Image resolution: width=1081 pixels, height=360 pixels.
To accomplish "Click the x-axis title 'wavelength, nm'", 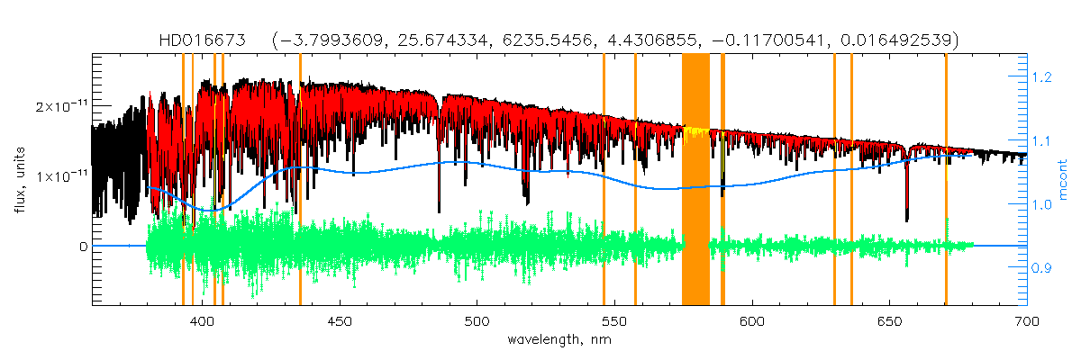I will click(x=559, y=339).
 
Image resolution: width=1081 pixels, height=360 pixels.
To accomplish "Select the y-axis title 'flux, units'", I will click(x=19, y=180).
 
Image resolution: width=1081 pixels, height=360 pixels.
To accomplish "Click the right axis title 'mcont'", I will click(x=1063, y=180).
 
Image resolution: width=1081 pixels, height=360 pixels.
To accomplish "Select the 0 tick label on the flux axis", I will click(x=83, y=246).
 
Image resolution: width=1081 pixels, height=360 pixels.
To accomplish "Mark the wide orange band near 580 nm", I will click(x=695, y=180).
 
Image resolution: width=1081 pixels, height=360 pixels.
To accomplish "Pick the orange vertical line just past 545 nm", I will click(x=604, y=225).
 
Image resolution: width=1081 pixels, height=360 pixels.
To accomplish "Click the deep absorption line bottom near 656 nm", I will click(x=906, y=216).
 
